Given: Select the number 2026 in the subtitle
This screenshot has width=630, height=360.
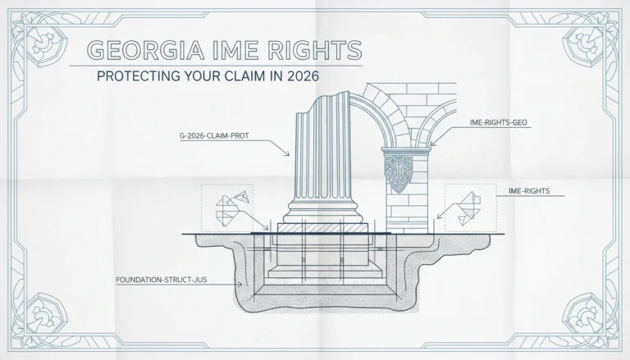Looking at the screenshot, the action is (x=303, y=76).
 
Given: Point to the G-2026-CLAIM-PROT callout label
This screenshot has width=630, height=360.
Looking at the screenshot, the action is (x=214, y=136).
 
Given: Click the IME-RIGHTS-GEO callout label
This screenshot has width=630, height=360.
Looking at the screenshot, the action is (x=498, y=122).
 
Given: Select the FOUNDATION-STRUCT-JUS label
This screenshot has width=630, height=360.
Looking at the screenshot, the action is (x=162, y=280).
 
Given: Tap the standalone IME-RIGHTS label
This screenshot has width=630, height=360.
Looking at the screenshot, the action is (x=529, y=191).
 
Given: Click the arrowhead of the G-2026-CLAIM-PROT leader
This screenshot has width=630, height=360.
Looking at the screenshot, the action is (x=287, y=153).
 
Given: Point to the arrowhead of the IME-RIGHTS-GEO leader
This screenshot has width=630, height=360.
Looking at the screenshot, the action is (x=432, y=143).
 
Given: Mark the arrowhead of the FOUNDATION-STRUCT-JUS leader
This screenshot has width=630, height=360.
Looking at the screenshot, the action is (x=240, y=285).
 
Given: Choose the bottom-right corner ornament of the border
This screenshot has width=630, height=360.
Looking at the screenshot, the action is (x=586, y=316).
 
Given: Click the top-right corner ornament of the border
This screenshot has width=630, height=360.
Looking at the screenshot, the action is (x=586, y=44).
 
